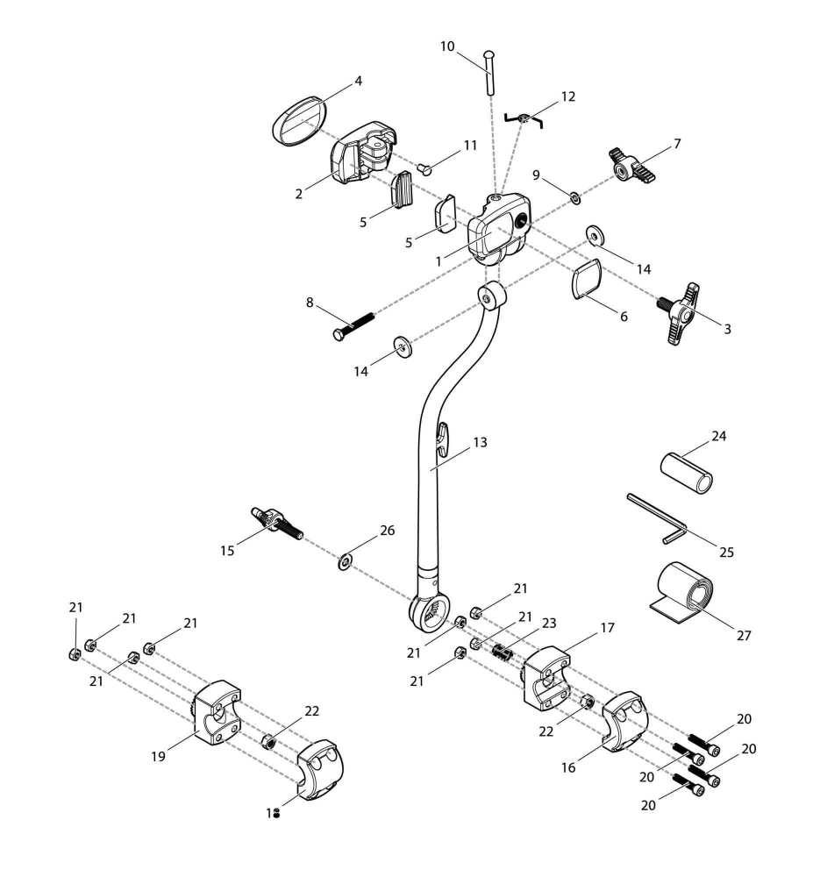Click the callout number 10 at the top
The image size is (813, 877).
447,46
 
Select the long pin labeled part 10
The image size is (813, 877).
489,71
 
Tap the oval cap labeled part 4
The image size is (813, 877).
299,118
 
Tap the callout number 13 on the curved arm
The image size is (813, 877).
480,443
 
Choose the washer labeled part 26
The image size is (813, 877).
345,560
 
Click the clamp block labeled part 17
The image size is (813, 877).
545,675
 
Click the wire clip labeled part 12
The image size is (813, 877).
524,118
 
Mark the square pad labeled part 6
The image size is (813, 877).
586,281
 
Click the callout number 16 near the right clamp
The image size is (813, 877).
569,767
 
